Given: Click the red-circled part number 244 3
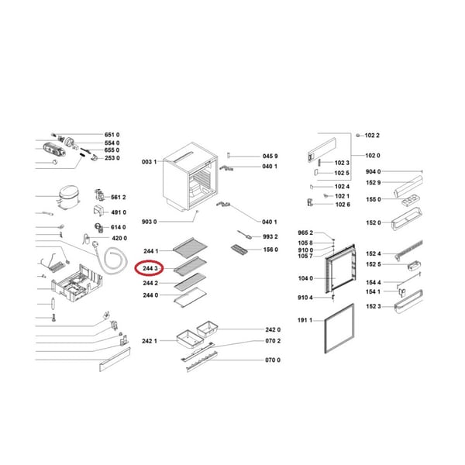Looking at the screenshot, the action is [x=150, y=269].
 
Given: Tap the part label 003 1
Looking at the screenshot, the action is [x=149, y=162].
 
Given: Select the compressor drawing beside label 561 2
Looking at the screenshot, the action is [x=68, y=198].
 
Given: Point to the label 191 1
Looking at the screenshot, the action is [x=305, y=320].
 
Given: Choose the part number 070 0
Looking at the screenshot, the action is [x=273, y=360].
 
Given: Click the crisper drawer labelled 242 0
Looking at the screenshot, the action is [x=207, y=329].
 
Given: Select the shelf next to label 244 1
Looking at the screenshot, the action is [x=190, y=247].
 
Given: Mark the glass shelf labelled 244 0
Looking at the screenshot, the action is [x=190, y=297].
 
